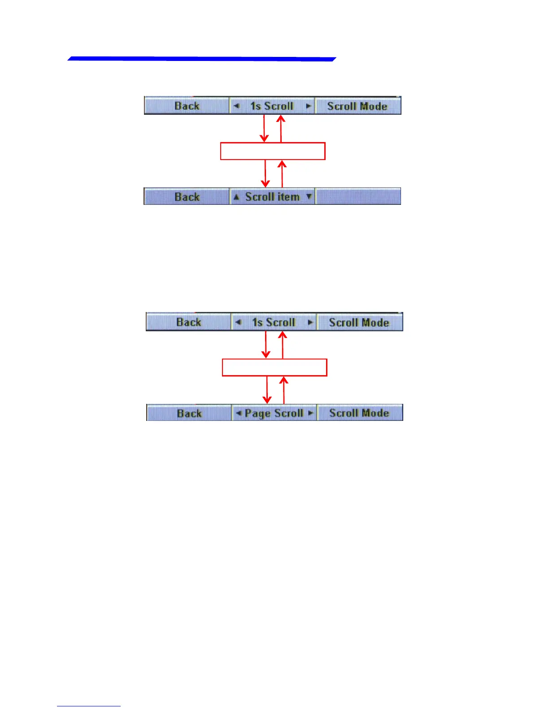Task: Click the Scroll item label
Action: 272,197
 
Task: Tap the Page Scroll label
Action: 274,413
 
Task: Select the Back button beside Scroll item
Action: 187,197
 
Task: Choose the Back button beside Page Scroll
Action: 189,413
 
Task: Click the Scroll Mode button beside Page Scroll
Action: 359,413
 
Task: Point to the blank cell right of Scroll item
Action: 358,197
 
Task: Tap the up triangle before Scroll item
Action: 236,197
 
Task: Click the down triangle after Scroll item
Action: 309,196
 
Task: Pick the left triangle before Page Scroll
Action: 238,412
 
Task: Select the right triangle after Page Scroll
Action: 310,412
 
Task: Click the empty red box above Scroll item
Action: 272,151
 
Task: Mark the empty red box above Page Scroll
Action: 274,367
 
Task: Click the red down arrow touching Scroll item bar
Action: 266,174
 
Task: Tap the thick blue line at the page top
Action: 202,59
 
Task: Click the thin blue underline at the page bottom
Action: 88,706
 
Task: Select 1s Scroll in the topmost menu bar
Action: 272,106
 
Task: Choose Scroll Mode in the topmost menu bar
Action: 357,106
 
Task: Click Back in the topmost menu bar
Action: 187,106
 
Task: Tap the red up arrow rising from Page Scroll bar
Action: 283,390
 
